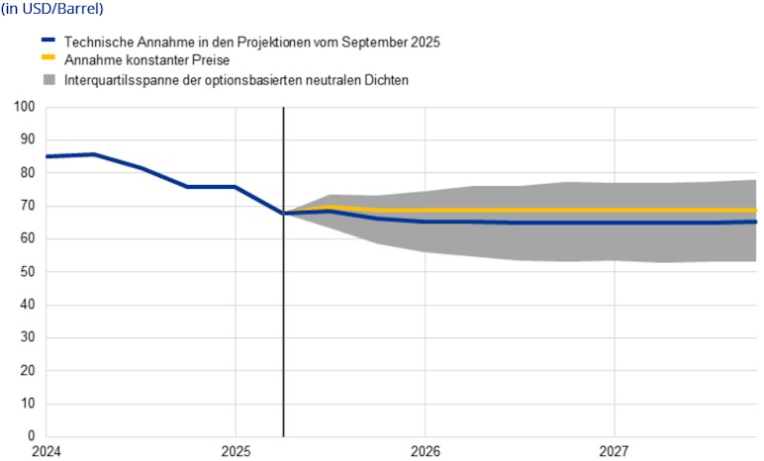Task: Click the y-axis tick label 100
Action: click(24, 107)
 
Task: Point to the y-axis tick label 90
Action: click(27, 139)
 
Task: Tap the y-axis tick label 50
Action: click(27, 272)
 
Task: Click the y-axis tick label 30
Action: click(27, 337)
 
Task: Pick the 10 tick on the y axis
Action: click(27, 404)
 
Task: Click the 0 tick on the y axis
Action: click(31, 436)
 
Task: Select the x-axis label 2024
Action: click(46, 451)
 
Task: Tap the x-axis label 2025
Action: click(236, 451)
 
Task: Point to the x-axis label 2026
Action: click(425, 451)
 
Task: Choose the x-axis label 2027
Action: click(615, 451)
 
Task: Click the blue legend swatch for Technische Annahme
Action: click(48, 43)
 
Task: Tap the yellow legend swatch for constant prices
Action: click(48, 60)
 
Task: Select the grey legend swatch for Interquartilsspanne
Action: click(48, 78)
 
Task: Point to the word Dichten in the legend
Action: click(384, 78)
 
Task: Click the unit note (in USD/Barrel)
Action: click(51, 9)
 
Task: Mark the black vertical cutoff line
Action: click(283, 297)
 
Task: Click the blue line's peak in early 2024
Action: click(93, 154)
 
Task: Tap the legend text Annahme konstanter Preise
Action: click(146, 60)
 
